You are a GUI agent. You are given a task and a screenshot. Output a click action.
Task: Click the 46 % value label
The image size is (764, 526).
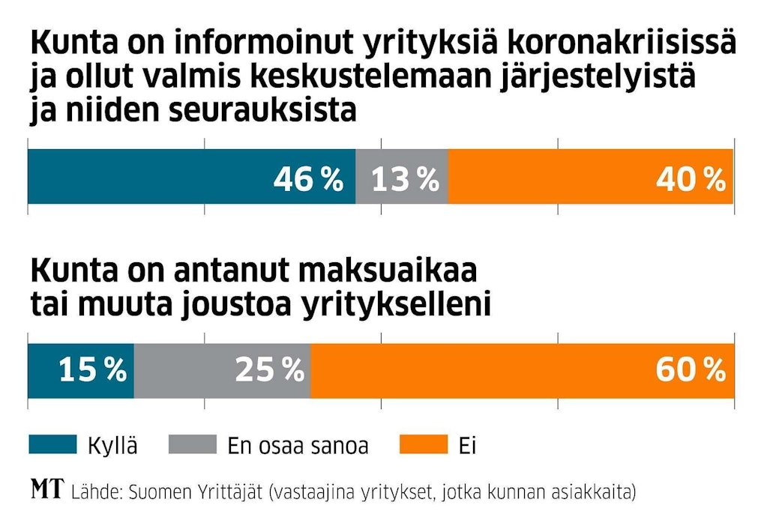(x=308, y=178)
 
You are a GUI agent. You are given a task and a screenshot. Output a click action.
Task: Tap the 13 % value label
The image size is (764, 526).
(x=405, y=178)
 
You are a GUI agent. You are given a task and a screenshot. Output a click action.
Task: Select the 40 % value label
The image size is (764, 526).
(x=691, y=178)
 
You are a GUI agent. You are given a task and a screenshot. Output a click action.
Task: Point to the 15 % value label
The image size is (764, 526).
(x=93, y=369)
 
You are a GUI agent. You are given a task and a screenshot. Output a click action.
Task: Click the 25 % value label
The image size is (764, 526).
(x=269, y=369)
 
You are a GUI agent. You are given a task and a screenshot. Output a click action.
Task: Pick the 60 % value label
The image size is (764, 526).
(x=691, y=369)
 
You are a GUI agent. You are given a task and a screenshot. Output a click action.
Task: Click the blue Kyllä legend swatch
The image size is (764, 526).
(x=52, y=445)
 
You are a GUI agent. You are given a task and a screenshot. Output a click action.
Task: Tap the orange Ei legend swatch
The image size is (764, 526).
(x=424, y=445)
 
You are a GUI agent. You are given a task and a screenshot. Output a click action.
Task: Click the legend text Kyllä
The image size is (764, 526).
(x=112, y=447)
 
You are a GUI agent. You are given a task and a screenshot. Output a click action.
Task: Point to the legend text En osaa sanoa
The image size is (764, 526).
(x=298, y=447)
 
